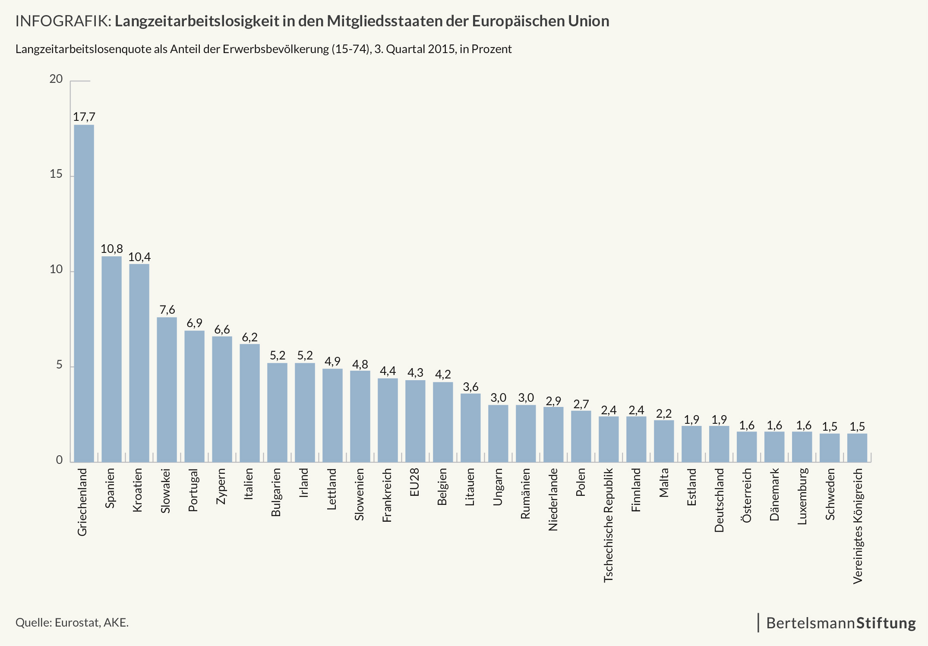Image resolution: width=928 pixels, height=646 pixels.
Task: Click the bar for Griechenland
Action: pos(84,293)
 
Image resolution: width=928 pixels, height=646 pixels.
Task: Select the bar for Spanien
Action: pos(111,359)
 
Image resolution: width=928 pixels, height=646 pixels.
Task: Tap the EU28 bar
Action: pos(415,421)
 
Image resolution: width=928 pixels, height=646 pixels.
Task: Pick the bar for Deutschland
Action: pos(719,444)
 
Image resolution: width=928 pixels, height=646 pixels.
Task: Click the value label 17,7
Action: pos(84,117)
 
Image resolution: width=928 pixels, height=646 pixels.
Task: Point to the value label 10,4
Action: pos(139,257)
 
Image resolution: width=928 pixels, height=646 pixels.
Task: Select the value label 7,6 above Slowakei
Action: pos(167,310)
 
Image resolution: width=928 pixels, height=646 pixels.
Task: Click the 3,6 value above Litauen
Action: pos(470,387)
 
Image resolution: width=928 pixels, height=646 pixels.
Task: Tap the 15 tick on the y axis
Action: pos(56,174)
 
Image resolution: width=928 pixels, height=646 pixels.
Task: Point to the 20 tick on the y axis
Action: pos(56,79)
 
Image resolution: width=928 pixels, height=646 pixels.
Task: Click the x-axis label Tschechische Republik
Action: pos(608,525)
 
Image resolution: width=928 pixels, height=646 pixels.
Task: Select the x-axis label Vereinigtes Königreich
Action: pos(858,526)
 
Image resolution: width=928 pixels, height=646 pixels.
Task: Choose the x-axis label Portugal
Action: pos(193,490)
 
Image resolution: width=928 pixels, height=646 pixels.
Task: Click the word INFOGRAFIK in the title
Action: pos(63,21)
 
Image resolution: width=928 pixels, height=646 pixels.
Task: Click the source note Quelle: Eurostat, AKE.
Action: pos(72,623)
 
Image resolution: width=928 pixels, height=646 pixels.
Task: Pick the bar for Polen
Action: pos(581,436)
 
